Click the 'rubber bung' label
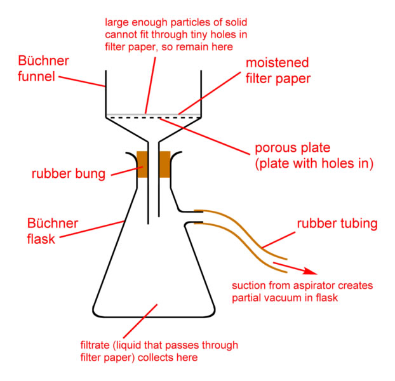67,173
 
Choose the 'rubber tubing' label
337,224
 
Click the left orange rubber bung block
142,164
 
